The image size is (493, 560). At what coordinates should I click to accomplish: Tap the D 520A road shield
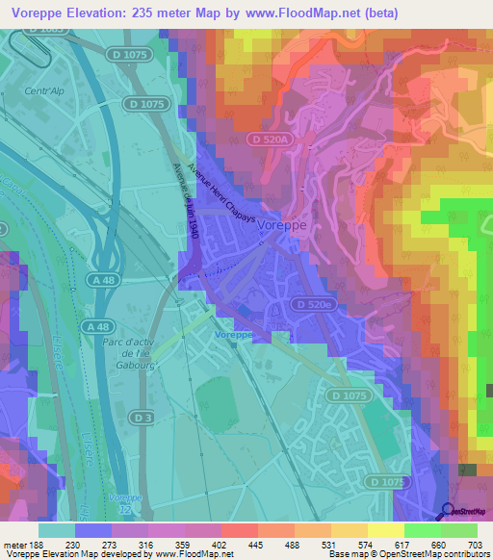coord(267,140)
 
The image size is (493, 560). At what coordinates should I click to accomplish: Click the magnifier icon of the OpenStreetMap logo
coord(448,512)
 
